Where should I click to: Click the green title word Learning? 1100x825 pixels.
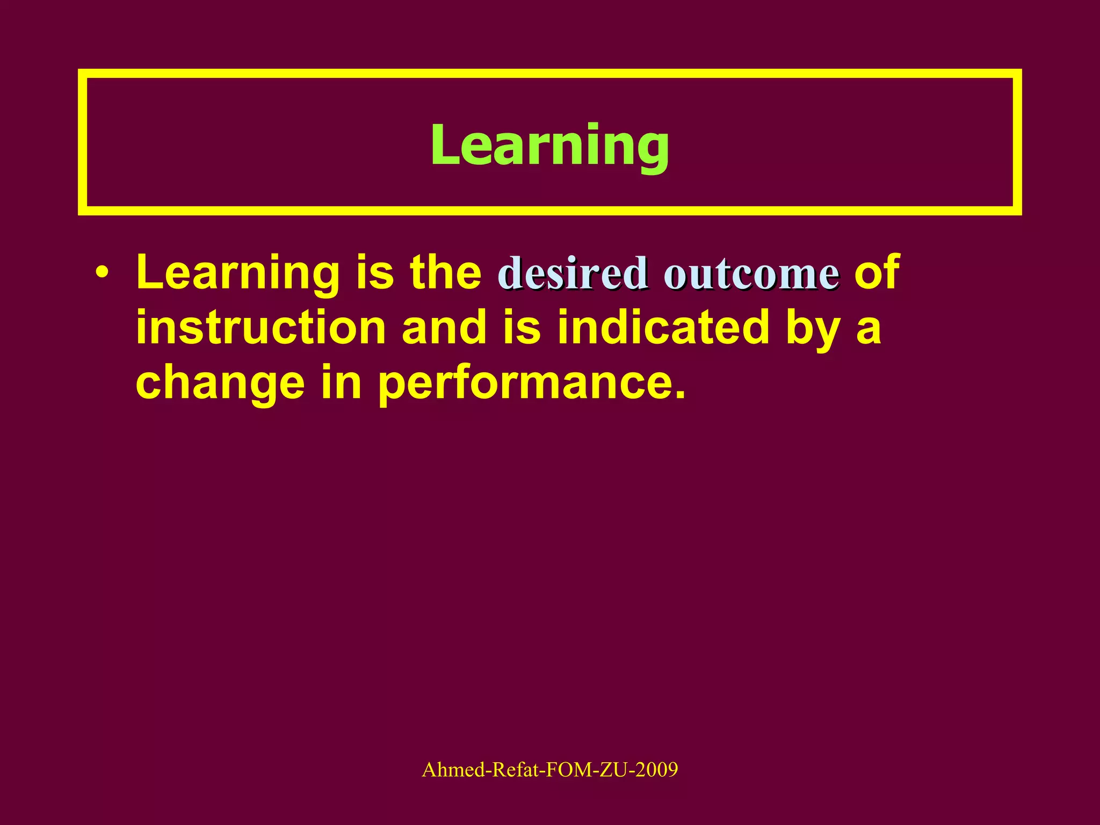click(x=549, y=145)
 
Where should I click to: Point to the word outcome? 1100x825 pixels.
click(x=751, y=274)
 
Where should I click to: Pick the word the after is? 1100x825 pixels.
click(x=446, y=273)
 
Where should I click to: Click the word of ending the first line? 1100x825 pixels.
click(x=877, y=273)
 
